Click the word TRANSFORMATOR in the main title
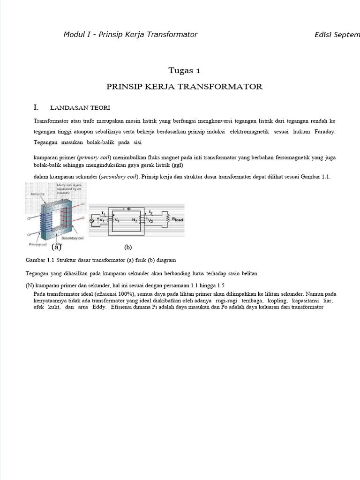pyautogui.click(x=226, y=87)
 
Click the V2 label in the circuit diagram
pyautogui.click(x=150, y=219)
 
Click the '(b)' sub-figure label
pyautogui.click(x=128, y=247)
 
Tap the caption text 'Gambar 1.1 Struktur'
pyautogui.click(x=52, y=259)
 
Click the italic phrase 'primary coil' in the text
pyautogui.click(x=93, y=158)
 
